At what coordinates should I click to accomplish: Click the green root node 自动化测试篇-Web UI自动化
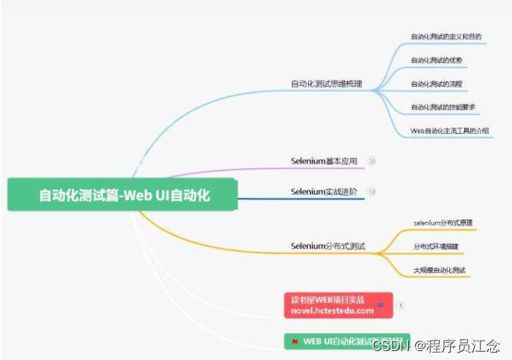coord(124,196)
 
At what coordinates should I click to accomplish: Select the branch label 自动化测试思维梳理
coord(326,84)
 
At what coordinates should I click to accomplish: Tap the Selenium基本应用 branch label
coord(324,161)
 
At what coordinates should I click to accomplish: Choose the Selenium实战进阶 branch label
coord(324,192)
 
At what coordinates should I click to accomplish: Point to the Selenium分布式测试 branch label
coord(328,246)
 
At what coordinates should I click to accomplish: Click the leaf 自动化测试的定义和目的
coord(446,36)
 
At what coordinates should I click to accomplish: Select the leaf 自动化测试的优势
coord(436,60)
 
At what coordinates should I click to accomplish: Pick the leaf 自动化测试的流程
coord(436,84)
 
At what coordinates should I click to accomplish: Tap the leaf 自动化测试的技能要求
coord(443,107)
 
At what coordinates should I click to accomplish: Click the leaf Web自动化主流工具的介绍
coord(449,131)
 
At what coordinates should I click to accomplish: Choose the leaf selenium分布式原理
coord(443,223)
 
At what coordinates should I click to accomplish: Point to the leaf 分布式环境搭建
coord(436,246)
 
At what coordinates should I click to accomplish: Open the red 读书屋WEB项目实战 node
coord(333,305)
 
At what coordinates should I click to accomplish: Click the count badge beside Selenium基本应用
coord(372,161)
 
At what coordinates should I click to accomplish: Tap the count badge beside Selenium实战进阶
coord(372,192)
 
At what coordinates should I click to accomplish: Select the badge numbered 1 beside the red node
coord(401,305)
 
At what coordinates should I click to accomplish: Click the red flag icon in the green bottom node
coord(296,342)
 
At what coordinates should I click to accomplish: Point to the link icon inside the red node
coord(381,305)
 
